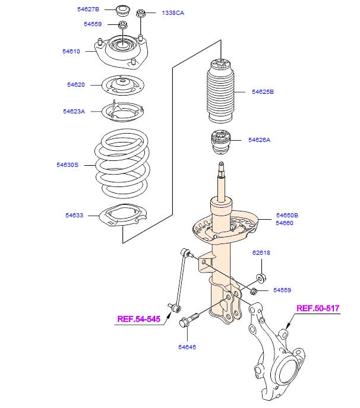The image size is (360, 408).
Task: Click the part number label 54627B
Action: click(89, 10)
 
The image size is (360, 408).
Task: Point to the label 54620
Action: click(75, 84)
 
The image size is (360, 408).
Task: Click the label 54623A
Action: click(74, 111)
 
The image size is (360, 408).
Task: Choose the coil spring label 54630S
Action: click(68, 165)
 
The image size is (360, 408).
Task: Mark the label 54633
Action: click(74, 216)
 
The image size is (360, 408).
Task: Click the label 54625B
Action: click(262, 92)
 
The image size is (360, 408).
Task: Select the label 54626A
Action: click(259, 140)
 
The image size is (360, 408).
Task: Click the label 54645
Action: click(186, 347)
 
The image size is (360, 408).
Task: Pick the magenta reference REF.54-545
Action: click(139, 320)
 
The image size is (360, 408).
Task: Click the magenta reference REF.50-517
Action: click(318, 308)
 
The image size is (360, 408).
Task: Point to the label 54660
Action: click(286, 223)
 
